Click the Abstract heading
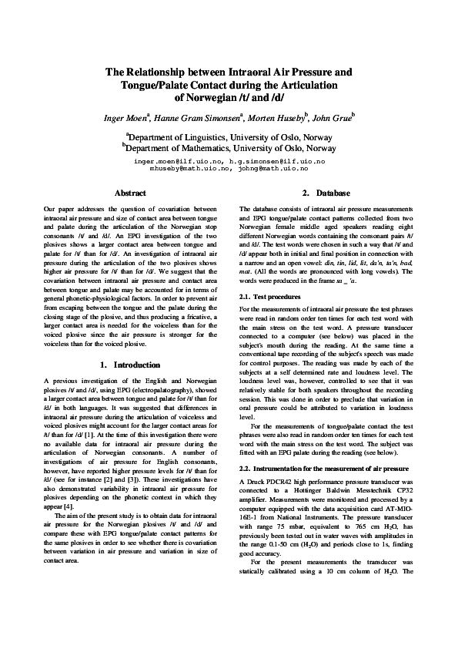pos(129,193)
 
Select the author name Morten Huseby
pos(279,118)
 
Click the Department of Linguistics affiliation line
pos(230,137)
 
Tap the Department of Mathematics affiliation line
pos(230,148)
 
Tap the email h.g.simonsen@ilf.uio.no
pos(278,160)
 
